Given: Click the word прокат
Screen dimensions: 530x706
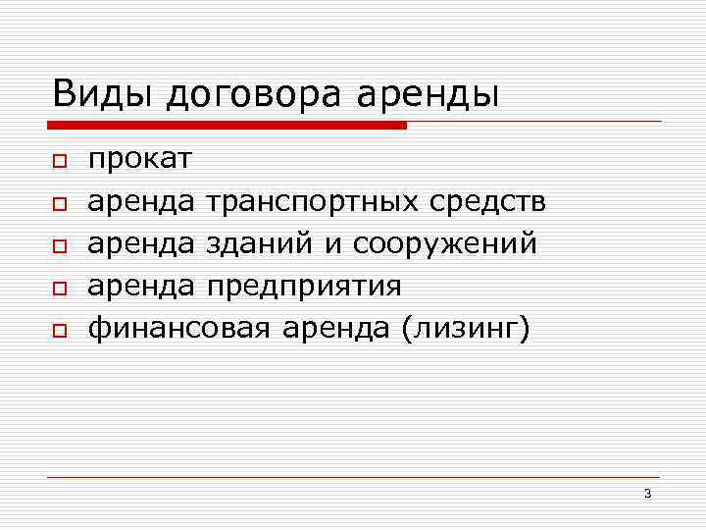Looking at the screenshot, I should click(140, 160).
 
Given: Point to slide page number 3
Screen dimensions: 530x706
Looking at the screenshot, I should click(647, 493).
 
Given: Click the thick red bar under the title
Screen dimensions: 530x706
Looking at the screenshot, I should click(227, 126).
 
